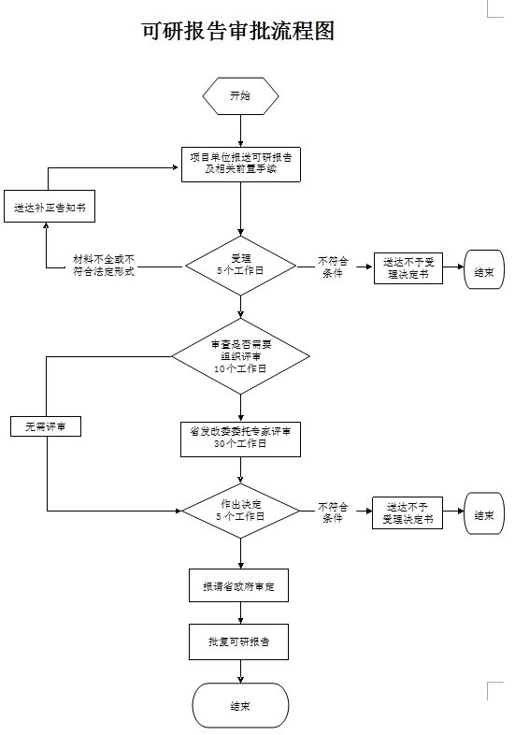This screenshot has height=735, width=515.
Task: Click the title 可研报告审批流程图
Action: (x=238, y=31)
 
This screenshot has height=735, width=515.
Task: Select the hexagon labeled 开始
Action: (x=240, y=96)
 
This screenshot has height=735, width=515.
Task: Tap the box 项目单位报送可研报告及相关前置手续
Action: (x=241, y=165)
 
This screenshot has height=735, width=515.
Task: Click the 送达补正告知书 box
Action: (x=50, y=207)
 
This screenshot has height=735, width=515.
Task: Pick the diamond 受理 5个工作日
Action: (x=240, y=266)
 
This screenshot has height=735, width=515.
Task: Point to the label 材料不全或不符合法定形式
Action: (x=104, y=266)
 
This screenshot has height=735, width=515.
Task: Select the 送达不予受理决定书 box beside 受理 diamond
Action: (x=408, y=268)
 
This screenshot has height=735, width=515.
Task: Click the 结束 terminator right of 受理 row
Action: (x=484, y=269)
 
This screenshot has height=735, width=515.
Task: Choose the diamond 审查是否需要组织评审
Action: (x=240, y=356)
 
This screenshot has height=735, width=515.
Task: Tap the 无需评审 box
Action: (x=46, y=426)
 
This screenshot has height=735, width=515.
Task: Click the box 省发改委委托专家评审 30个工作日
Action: (x=240, y=440)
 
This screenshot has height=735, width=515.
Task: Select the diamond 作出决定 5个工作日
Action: (x=240, y=511)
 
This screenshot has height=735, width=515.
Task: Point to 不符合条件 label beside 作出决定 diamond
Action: (x=333, y=512)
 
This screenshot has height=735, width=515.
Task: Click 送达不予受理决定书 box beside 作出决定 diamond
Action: (x=408, y=512)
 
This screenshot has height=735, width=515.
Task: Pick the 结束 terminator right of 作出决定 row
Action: (x=484, y=513)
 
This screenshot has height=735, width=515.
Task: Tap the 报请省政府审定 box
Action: (x=238, y=585)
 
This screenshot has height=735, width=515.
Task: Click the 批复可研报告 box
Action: (x=238, y=641)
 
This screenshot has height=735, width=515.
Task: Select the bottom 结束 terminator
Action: (x=240, y=705)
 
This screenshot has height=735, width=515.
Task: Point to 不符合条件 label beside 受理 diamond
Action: (x=333, y=267)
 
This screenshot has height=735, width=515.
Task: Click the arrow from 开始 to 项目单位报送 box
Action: (x=241, y=131)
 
